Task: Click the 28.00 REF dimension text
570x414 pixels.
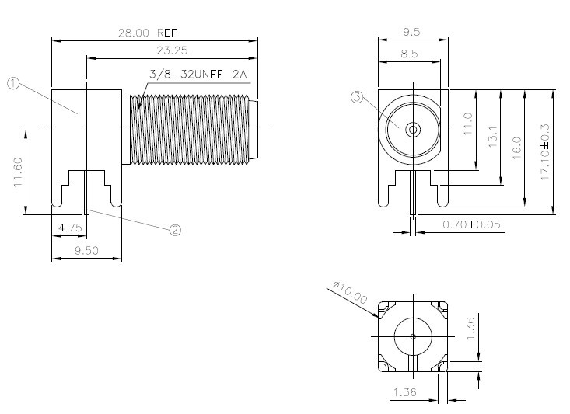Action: (x=148, y=33)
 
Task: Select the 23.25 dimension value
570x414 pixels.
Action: (x=172, y=50)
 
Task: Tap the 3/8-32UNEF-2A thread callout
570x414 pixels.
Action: (x=198, y=74)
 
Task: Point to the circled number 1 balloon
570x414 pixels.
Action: (x=13, y=84)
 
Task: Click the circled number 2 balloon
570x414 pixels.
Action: (x=175, y=230)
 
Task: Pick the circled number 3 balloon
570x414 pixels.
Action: (x=357, y=97)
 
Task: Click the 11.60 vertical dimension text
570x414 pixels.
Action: (x=18, y=172)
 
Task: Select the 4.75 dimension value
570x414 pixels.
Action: (x=70, y=228)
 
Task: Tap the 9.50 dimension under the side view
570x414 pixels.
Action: (x=86, y=250)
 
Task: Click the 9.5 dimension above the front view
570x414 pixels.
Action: (x=411, y=32)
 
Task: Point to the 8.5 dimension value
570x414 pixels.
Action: (x=409, y=54)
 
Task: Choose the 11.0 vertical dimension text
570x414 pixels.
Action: (x=468, y=124)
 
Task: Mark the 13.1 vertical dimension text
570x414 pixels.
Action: (x=492, y=137)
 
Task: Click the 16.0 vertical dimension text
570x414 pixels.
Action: (x=516, y=148)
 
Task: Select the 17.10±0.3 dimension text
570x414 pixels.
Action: (x=545, y=151)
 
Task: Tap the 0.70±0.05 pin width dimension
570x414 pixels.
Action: (x=471, y=224)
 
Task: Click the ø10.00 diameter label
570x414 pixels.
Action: (x=350, y=292)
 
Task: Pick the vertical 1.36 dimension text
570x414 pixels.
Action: (x=470, y=329)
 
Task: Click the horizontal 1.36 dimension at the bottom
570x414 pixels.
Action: (x=404, y=392)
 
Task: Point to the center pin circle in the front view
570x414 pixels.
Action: (x=413, y=129)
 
